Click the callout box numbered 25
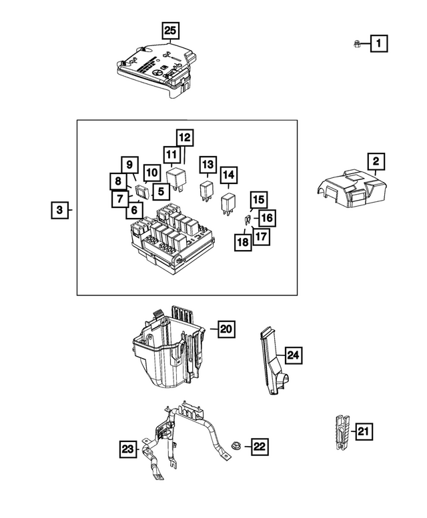click(x=171, y=31)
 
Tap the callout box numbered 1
click(x=378, y=44)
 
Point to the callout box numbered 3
click(x=59, y=211)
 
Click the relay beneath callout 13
click(x=207, y=190)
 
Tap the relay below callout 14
click(x=229, y=201)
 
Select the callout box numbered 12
click(x=184, y=138)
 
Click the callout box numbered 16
click(x=266, y=217)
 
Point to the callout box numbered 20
click(x=226, y=328)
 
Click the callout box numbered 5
click(x=160, y=192)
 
